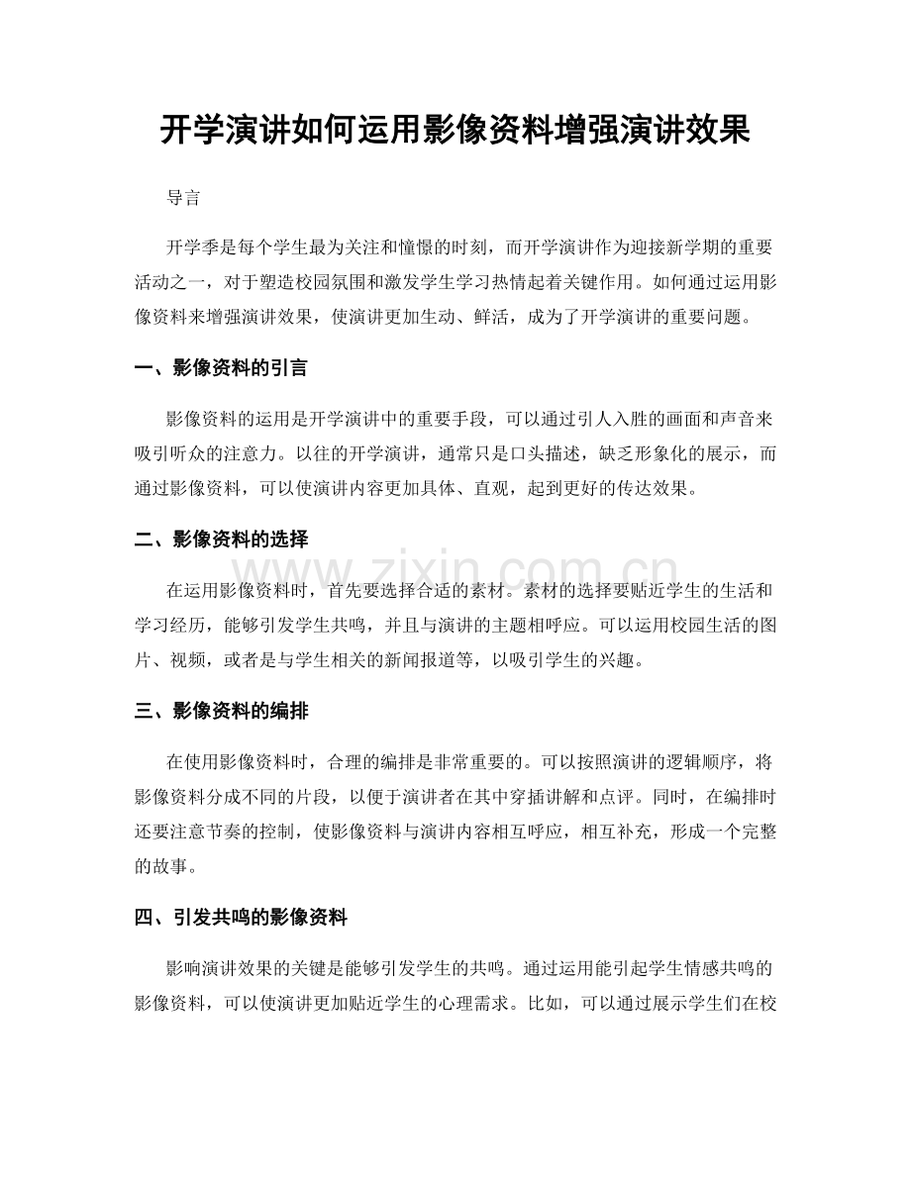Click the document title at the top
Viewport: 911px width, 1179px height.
point(455,130)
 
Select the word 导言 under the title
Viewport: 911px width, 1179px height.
point(183,198)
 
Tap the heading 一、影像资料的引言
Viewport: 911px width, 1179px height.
point(220,368)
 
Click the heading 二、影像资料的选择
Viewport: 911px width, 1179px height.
point(220,540)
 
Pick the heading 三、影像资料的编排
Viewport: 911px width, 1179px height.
point(220,710)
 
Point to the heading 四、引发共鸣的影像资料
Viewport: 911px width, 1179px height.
point(240,919)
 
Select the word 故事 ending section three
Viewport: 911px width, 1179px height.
point(162,864)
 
